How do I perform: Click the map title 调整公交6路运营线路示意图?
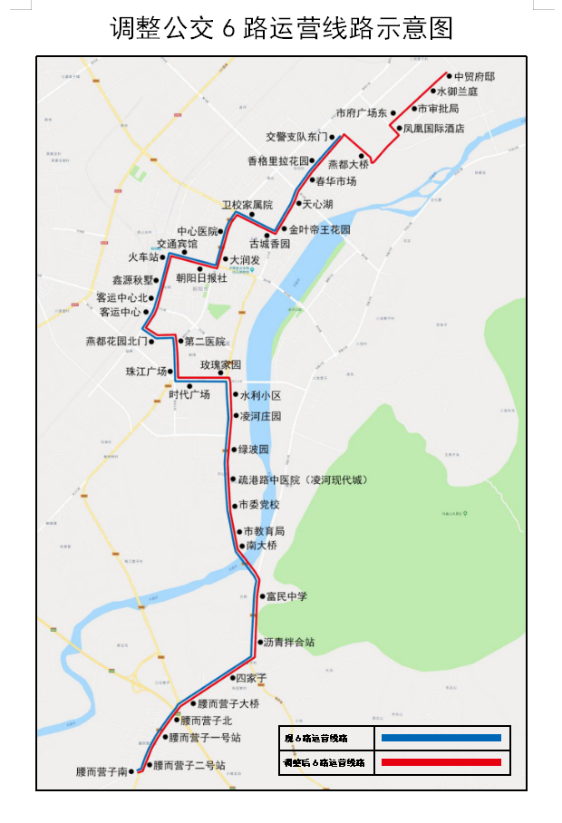pos(281,27)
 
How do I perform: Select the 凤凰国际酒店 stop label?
pos(433,129)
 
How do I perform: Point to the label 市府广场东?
pos(361,113)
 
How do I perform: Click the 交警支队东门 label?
pos(296,137)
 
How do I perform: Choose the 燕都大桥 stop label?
pos(348,165)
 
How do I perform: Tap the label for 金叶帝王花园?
pos(319,230)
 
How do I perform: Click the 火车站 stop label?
pos(143,257)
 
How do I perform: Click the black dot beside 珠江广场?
pos(170,372)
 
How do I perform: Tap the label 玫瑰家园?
pos(221,364)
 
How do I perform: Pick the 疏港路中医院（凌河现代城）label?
pos(303,479)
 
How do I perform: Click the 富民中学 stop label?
pos(286,596)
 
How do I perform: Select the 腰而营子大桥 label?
pos(228,704)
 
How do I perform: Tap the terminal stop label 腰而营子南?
pos(102,772)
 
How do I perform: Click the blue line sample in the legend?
pos(441,738)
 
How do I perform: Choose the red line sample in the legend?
pos(441,762)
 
